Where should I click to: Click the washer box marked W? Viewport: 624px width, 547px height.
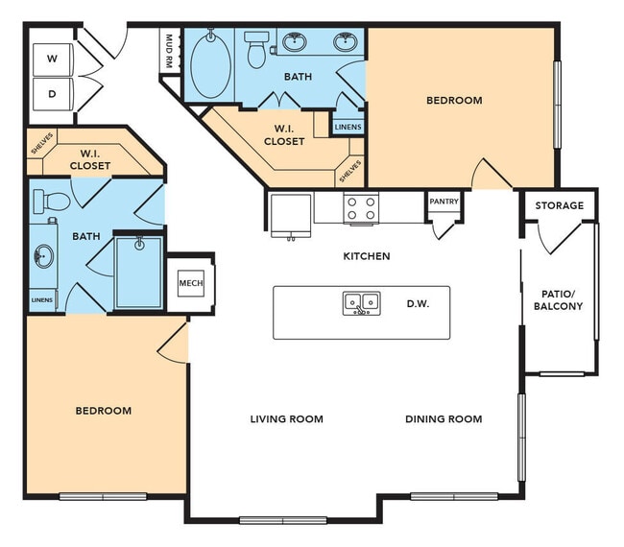click(x=53, y=59)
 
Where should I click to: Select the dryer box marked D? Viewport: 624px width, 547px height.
click(x=53, y=94)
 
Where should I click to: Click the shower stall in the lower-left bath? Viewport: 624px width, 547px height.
click(x=139, y=272)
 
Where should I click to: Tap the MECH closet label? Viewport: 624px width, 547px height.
click(x=189, y=283)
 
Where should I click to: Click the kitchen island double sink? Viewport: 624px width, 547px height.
click(x=362, y=303)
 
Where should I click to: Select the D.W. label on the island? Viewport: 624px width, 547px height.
click(x=417, y=304)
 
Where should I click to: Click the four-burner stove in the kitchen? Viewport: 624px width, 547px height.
click(x=361, y=208)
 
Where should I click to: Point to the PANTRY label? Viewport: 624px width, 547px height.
click(x=444, y=202)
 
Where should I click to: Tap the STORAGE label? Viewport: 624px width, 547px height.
click(x=559, y=205)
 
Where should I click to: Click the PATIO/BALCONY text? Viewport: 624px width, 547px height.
click(x=558, y=298)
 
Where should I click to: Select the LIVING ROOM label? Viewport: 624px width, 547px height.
click(x=286, y=418)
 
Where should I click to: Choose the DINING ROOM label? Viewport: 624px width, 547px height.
click(x=443, y=418)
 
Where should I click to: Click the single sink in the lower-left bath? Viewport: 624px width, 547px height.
click(x=43, y=256)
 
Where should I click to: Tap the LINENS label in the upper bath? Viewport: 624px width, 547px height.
click(x=348, y=126)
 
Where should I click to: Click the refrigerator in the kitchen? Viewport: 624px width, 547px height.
click(x=290, y=213)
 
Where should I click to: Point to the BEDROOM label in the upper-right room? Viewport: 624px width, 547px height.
click(x=454, y=100)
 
